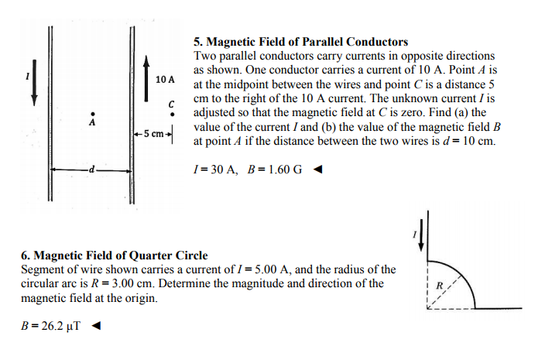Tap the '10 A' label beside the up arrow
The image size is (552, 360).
165,80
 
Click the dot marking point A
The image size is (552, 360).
93,111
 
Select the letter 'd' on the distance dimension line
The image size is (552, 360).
91,169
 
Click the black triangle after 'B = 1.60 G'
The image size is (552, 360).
317,170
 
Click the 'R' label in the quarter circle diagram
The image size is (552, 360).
441,286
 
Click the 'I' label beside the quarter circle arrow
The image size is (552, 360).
414,233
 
